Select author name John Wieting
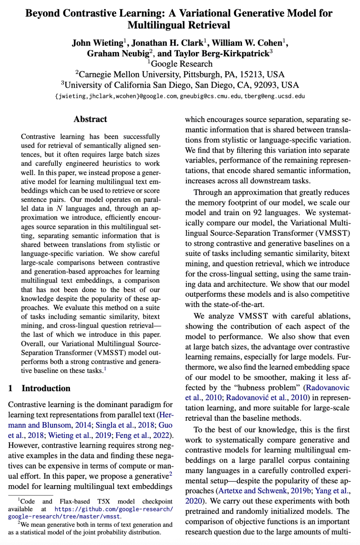pos(97,43)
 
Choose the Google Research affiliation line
pos(182,64)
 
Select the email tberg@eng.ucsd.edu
pos(274,96)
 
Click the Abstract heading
pos(90,119)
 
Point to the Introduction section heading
pos(46,388)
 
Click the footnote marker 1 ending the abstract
pos(105,369)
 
